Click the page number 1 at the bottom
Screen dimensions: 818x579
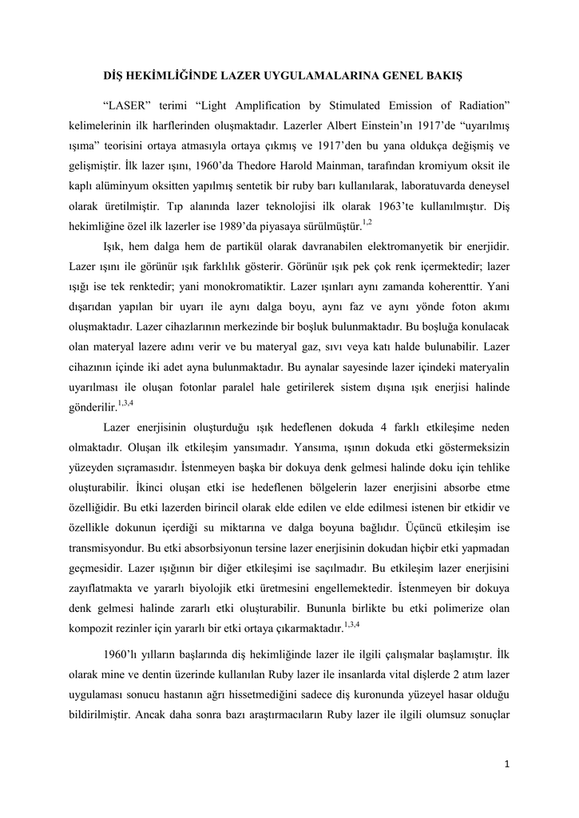tap(507, 764)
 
